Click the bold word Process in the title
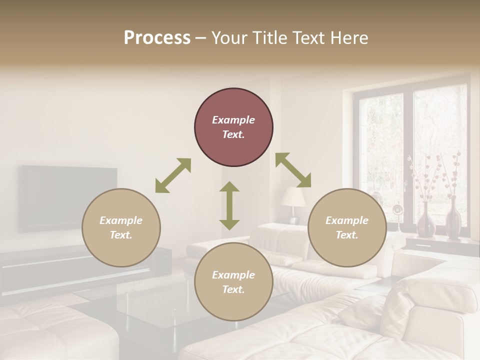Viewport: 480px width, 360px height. point(157,37)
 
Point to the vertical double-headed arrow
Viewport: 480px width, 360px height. point(229,205)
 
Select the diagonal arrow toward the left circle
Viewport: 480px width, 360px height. point(173,175)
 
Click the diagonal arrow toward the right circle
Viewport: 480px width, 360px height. point(293,170)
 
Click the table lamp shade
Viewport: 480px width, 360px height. point(293,196)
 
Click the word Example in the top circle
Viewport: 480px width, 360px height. point(233,120)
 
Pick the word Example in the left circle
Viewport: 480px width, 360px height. point(121,220)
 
